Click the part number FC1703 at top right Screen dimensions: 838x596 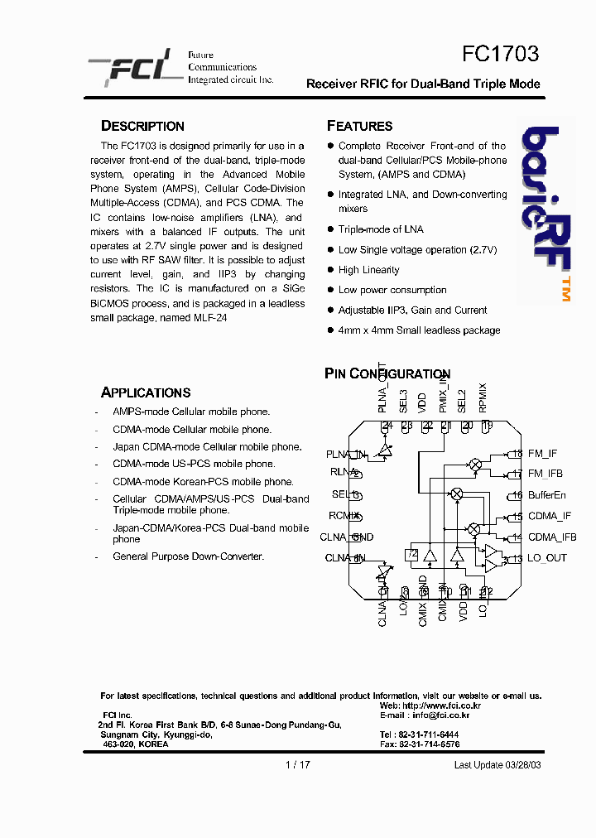pos(500,54)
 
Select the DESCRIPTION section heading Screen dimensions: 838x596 pos(142,126)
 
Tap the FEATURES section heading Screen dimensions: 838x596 pos(360,126)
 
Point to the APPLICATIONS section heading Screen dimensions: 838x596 pos(146,393)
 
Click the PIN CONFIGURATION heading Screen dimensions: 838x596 pos(387,374)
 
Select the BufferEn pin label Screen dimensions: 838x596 pos(547,495)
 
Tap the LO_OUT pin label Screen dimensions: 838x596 pos(547,558)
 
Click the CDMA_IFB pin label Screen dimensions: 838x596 pos(552,537)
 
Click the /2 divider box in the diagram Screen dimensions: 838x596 pos(411,554)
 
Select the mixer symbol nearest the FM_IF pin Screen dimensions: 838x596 pos(475,465)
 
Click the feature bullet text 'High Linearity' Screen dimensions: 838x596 pos(368,270)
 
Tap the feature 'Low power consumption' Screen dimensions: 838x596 pos(392,290)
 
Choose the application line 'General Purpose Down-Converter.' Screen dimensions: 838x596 pos(188,556)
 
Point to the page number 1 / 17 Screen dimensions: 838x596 pos(298,765)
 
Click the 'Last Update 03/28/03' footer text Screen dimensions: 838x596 pos(497,765)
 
